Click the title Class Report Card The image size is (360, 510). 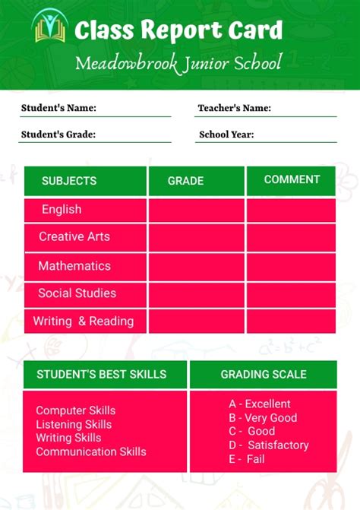click(x=178, y=30)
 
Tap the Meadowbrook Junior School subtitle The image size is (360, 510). click(x=178, y=62)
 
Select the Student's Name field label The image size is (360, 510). click(x=58, y=108)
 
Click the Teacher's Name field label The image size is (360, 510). click(x=234, y=108)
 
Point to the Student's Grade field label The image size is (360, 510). click(x=58, y=135)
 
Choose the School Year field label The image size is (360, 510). click(x=226, y=135)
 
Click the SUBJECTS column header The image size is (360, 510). click(x=69, y=181)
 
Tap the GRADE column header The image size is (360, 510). click(x=185, y=181)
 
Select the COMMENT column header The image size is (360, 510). click(x=292, y=179)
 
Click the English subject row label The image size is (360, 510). click(x=62, y=209)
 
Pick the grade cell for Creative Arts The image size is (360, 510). click(x=196, y=237)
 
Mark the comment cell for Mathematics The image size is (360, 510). click(x=291, y=266)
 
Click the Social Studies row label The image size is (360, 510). click(x=77, y=293)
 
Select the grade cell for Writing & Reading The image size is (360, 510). click(x=196, y=321)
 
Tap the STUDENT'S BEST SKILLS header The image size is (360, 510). click(x=101, y=374)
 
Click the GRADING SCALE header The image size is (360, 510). click(x=264, y=374)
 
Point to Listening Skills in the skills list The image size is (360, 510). click(x=74, y=424)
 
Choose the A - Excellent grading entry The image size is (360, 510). click(x=260, y=404)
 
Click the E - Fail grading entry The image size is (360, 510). click(x=247, y=459)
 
